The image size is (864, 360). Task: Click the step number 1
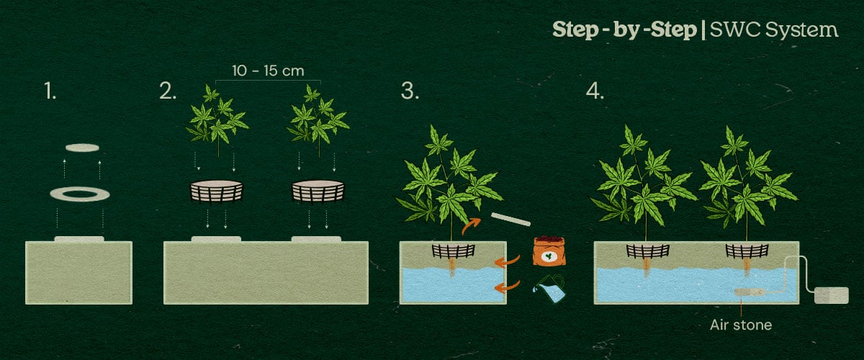pyautogui.click(x=50, y=91)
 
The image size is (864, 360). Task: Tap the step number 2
pyautogui.click(x=168, y=91)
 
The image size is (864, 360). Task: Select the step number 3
pyautogui.click(x=410, y=91)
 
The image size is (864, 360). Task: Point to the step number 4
pyautogui.click(x=595, y=91)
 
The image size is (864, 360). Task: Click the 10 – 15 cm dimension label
pyautogui.click(x=268, y=71)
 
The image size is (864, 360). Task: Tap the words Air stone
pyautogui.click(x=741, y=325)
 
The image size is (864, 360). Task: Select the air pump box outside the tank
pyautogui.click(x=831, y=295)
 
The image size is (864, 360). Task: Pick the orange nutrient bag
pyautogui.click(x=549, y=251)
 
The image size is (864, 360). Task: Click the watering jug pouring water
pyautogui.click(x=549, y=289)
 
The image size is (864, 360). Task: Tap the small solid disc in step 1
pyautogui.click(x=82, y=148)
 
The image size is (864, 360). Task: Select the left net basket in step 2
pyautogui.click(x=217, y=191)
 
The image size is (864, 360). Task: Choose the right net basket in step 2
pyautogui.click(x=318, y=191)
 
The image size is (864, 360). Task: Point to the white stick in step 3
pyautogui.click(x=510, y=219)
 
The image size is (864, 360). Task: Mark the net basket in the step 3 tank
pyautogui.click(x=453, y=251)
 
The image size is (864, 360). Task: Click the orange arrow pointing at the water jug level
pyautogui.click(x=507, y=287)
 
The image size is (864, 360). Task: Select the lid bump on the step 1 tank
pyautogui.click(x=79, y=239)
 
